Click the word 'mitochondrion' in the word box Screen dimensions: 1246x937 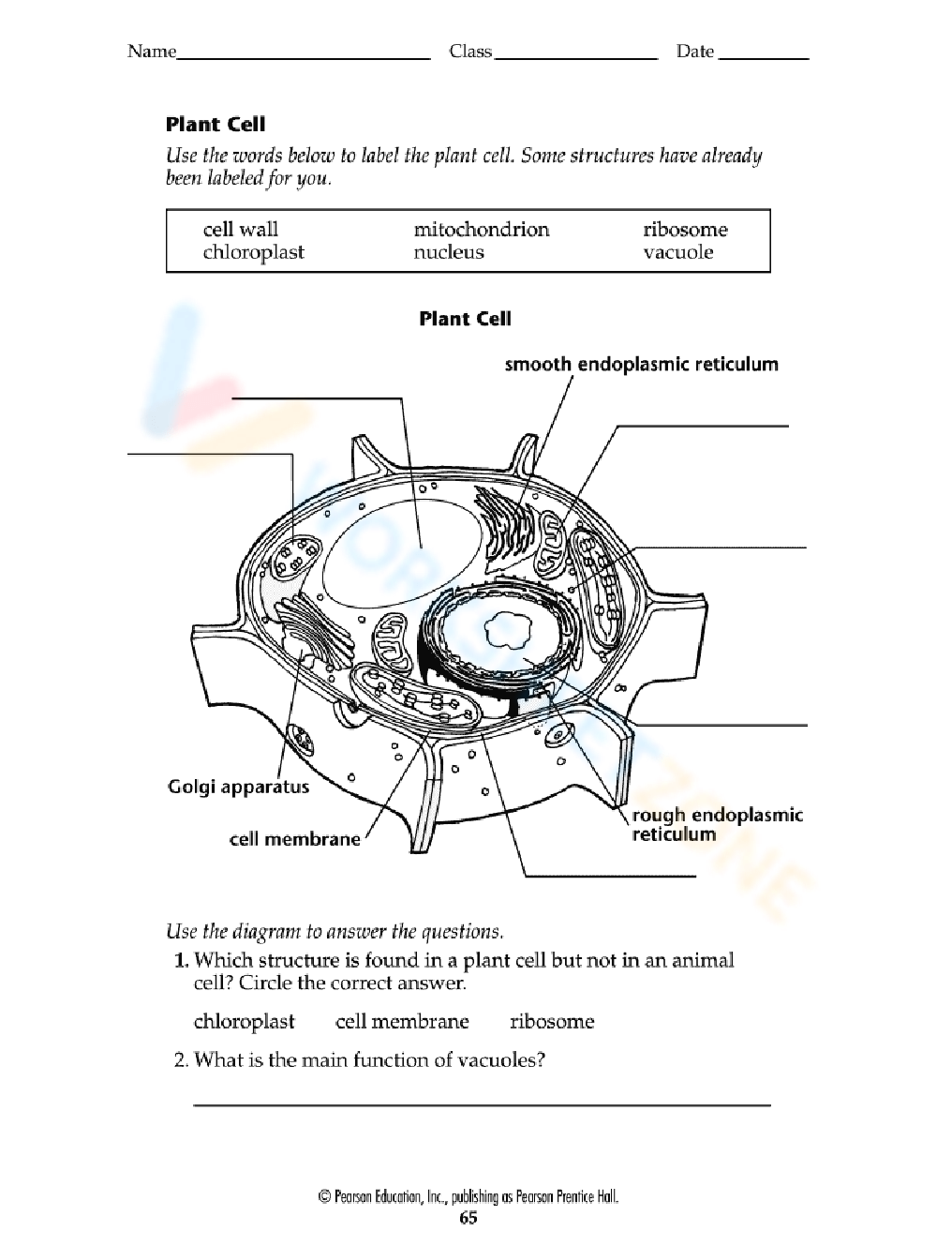[481, 230]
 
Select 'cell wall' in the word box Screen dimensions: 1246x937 [241, 230]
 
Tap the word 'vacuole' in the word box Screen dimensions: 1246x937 [677, 252]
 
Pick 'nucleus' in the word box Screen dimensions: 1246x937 [449, 252]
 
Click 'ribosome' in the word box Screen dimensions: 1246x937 [685, 230]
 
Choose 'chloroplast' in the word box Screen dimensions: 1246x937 [253, 252]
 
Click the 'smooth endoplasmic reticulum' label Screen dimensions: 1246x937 [641, 364]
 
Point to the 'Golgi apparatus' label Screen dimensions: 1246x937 [238, 787]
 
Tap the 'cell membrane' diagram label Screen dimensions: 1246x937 [294, 839]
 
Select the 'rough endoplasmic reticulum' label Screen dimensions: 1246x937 [717, 824]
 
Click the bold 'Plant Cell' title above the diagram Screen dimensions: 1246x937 [465, 319]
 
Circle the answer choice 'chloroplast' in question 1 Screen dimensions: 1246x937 [244, 1021]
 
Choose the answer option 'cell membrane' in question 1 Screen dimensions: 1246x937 [402, 1021]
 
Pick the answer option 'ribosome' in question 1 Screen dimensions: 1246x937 [552, 1021]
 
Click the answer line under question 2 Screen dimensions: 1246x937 [482, 1103]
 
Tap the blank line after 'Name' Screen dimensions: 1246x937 [303, 57]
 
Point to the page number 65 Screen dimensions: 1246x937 [468, 1218]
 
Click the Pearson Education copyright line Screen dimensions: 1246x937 [468, 1196]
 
